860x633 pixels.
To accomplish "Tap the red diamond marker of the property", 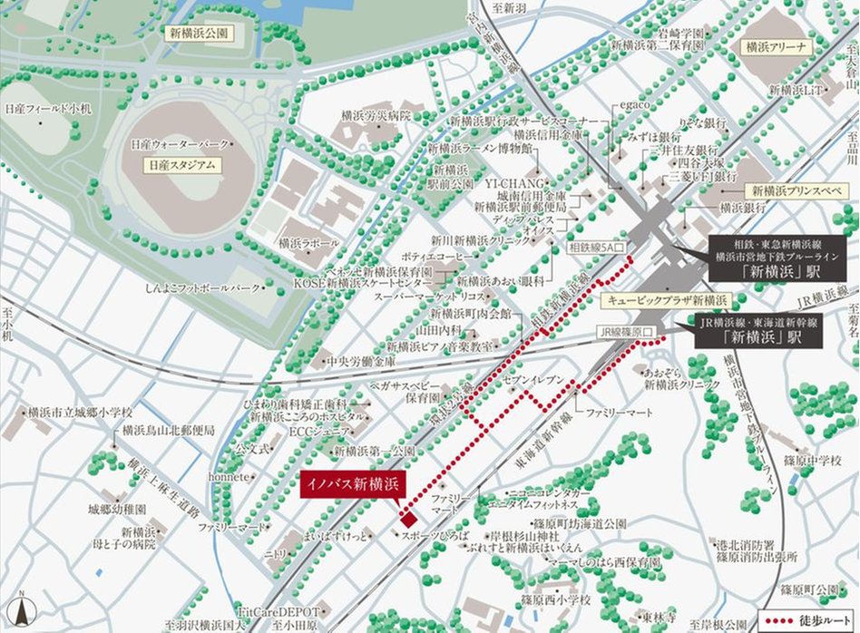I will tap(408, 520).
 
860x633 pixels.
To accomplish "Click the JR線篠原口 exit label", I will tap(625, 332).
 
